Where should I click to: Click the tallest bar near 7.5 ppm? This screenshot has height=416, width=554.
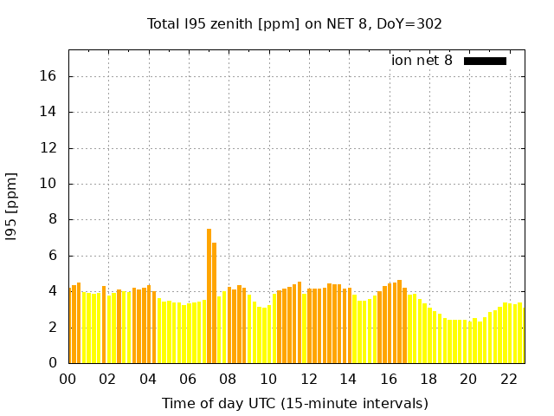(x=209, y=295)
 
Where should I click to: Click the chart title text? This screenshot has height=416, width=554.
(x=294, y=23)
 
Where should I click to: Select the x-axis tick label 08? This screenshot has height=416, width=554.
(x=228, y=379)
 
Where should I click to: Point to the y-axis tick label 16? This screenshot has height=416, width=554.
(x=48, y=76)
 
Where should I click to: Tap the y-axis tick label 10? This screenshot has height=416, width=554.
(x=48, y=184)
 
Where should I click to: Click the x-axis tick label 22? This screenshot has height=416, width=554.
(x=508, y=379)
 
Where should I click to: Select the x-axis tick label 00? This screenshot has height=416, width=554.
(x=68, y=379)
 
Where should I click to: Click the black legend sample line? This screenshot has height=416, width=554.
(x=485, y=61)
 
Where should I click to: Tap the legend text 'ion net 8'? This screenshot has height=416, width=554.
(x=422, y=61)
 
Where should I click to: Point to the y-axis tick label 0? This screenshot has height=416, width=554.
(x=53, y=363)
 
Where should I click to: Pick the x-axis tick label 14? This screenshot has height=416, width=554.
(x=348, y=379)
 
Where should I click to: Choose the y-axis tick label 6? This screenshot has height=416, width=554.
(x=53, y=256)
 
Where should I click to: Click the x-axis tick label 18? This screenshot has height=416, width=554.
(x=428, y=379)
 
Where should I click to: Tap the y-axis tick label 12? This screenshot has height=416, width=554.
(x=48, y=148)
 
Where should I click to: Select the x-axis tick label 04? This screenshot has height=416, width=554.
(x=148, y=379)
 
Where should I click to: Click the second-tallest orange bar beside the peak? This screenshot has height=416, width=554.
(x=214, y=303)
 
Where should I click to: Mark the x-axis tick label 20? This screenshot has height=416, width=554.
(x=468, y=379)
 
